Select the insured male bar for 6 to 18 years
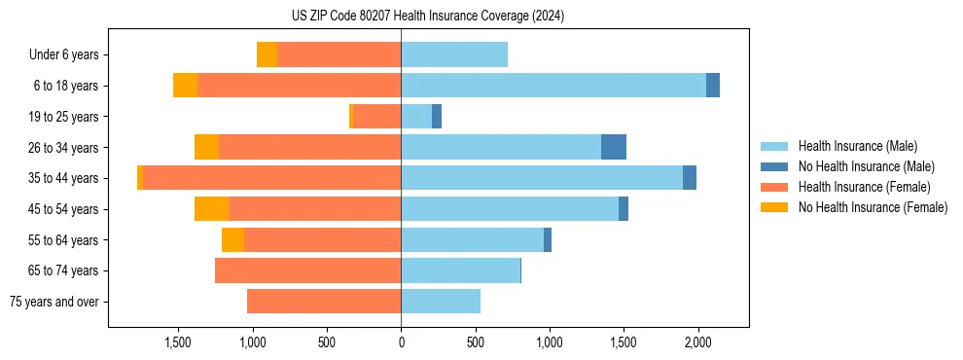coord(553,86)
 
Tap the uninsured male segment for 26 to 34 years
coord(614,147)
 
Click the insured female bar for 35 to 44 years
coord(272,178)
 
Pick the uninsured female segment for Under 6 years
coord(267,54)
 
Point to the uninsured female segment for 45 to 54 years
coord(211,208)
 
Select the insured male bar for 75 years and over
coord(441,302)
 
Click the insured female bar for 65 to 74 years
coord(307,270)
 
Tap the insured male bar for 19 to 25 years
coord(416,117)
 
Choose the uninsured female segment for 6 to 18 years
coord(185,86)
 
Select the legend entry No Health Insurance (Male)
coord(866,166)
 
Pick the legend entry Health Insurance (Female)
coord(864,187)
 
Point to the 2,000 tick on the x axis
coord(697,342)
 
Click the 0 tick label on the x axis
coord(401,342)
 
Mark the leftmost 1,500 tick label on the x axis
coord(178,342)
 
